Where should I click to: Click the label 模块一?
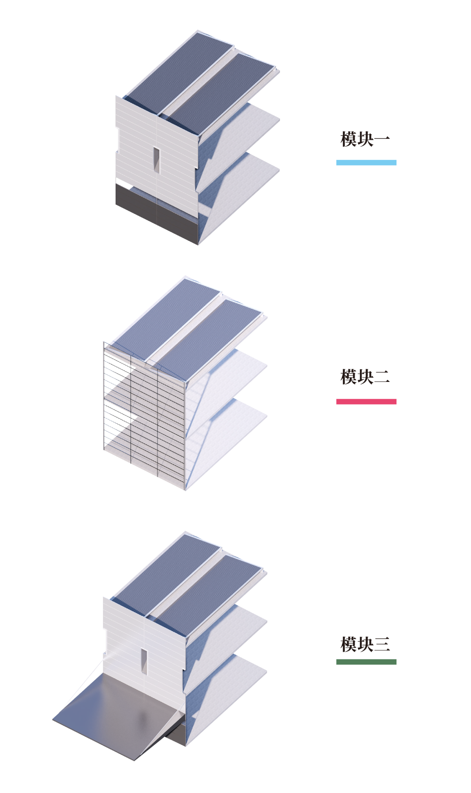[x=365, y=140]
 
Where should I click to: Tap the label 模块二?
[x=365, y=377]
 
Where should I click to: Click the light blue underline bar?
[x=366, y=163]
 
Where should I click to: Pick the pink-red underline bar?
[x=366, y=402]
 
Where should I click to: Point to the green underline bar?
[x=366, y=662]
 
